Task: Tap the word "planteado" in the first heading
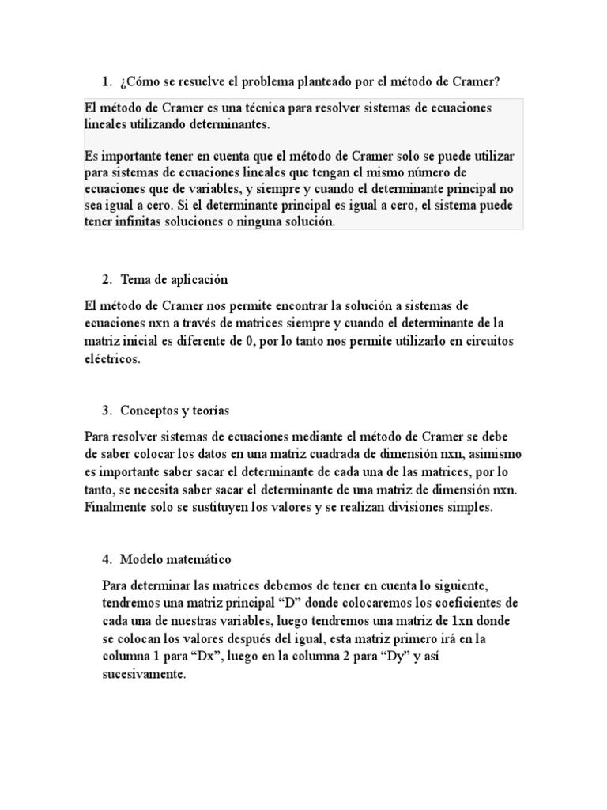tap(312, 82)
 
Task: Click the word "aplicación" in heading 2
tap(198, 279)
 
